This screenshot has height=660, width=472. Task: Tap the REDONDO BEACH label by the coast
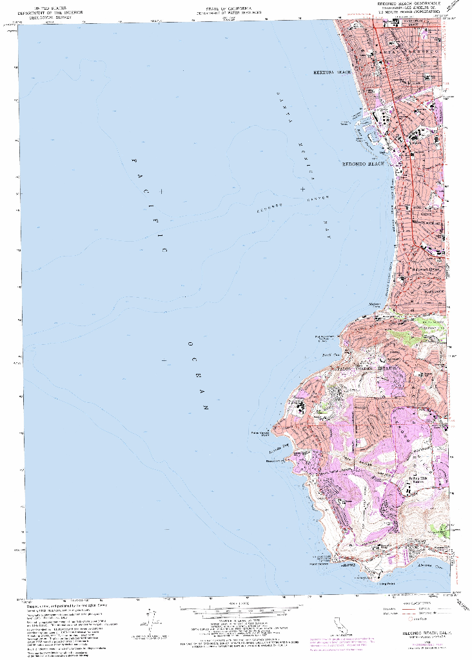coord(362,164)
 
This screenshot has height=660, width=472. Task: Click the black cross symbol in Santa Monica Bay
coord(302,189)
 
